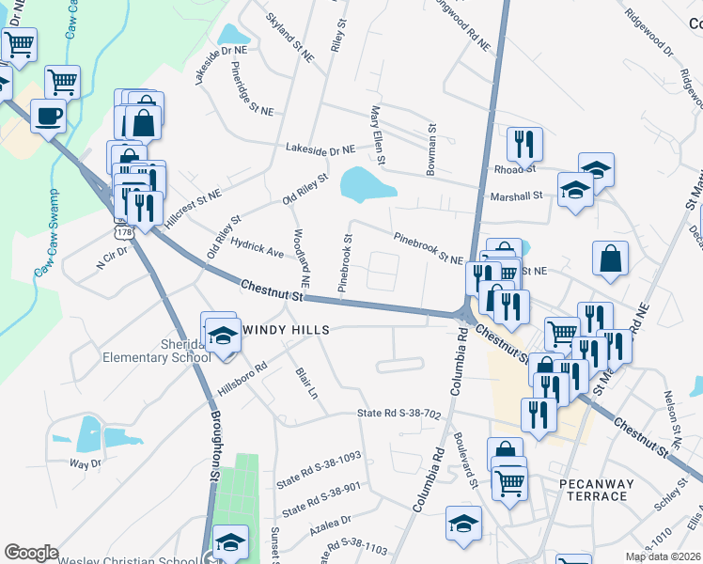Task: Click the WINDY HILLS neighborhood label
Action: point(287,330)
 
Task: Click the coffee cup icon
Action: point(48,116)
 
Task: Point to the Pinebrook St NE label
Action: point(428,249)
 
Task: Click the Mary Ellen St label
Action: point(378,135)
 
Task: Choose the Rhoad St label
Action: point(514,169)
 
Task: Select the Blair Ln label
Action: point(308,384)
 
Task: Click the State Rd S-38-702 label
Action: point(398,414)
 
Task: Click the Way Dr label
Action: point(85,464)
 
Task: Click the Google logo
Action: point(32,553)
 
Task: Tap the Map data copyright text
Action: point(662,556)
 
